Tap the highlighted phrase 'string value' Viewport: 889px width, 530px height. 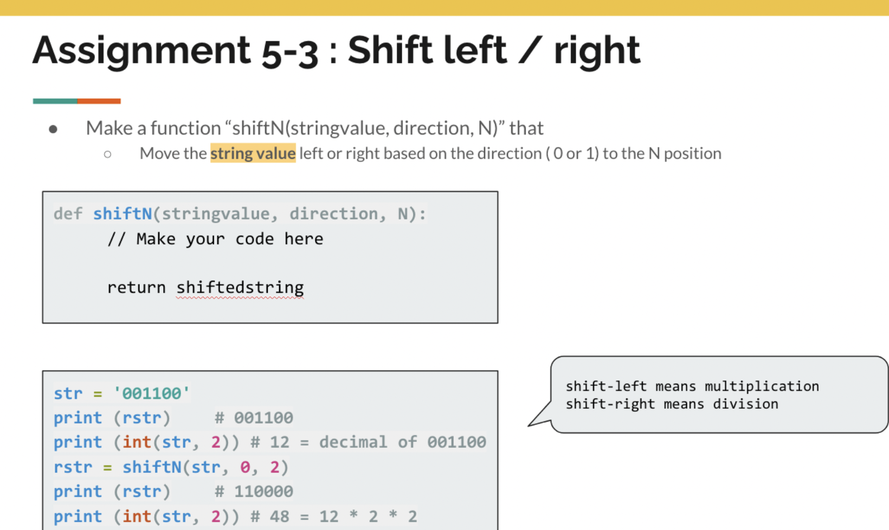253,153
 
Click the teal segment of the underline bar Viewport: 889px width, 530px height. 55,101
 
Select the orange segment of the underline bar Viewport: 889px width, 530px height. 99,101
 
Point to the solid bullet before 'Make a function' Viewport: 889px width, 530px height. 53,130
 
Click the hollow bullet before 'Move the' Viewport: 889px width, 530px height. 107,154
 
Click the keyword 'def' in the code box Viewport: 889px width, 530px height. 68,214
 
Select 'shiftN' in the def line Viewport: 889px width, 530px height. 123,214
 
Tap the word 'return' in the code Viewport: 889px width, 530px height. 136,287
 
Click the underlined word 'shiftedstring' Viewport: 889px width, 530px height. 240,288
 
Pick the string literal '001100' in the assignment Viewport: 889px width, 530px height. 152,393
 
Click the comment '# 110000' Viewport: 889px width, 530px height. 254,492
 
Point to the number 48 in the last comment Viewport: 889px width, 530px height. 279,516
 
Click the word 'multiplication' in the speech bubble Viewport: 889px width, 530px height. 762,386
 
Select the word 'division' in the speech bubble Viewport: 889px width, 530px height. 746,404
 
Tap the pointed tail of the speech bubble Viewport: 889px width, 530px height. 529,426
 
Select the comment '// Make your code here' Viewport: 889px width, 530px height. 215,239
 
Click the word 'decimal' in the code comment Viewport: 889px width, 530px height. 353,442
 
